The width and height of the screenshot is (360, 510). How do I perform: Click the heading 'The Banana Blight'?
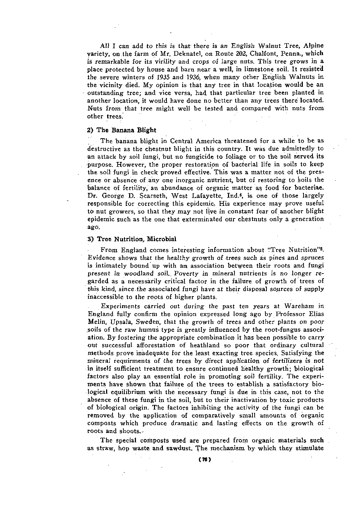click(126, 130)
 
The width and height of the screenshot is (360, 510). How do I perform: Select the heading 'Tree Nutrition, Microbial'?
click(137, 239)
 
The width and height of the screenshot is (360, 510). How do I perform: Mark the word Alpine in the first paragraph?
click(314, 46)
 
